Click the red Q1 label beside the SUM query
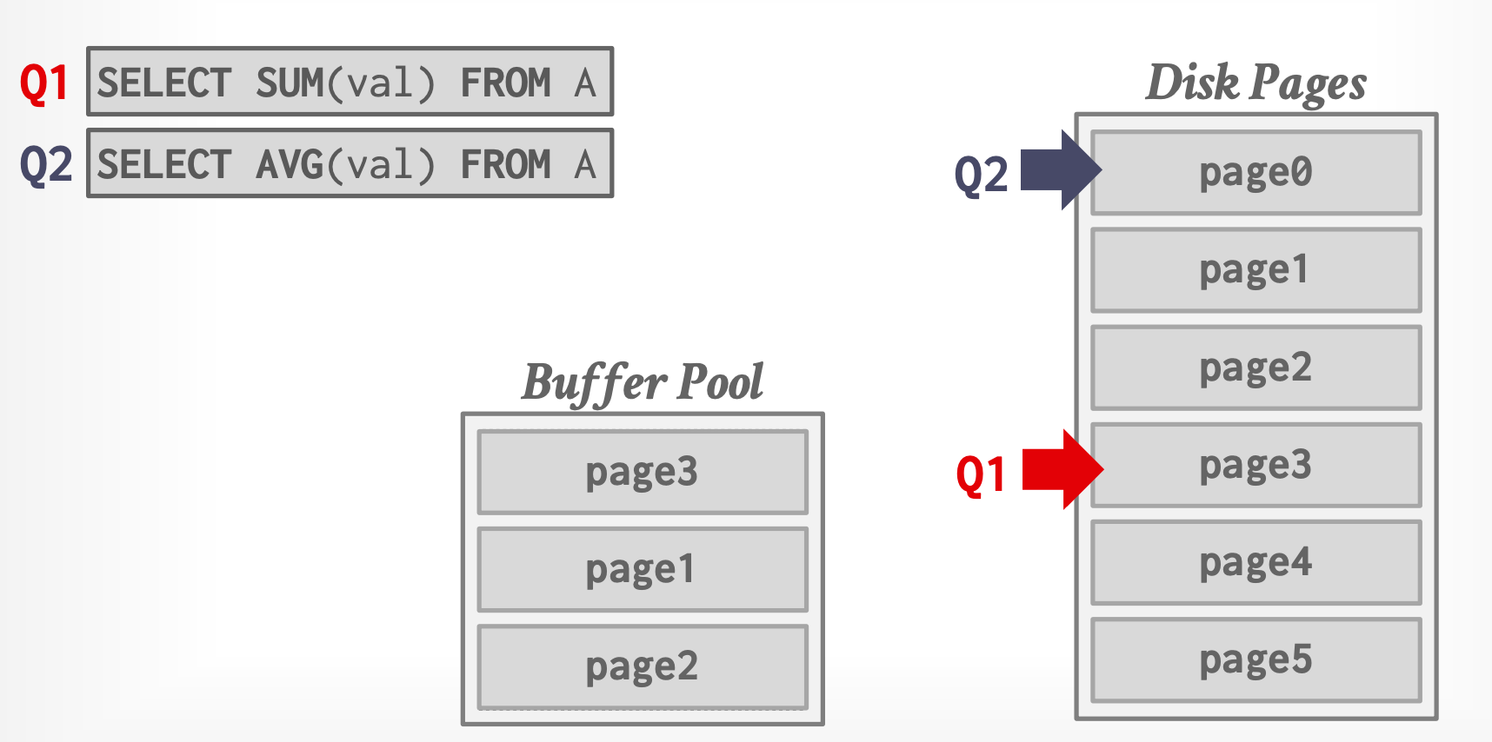44,83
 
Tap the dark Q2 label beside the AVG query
45,164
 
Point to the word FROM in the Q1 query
505,83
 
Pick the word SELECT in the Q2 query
164,164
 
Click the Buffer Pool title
642,382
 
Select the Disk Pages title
1256,83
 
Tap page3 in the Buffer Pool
642,472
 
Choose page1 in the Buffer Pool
642,569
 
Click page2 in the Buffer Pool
642,666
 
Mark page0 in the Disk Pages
1256,172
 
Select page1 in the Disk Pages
1256,270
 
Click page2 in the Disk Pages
1256,368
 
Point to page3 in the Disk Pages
1256,465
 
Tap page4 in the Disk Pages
1256,562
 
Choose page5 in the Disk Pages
1256,659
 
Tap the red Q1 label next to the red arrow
981,475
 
